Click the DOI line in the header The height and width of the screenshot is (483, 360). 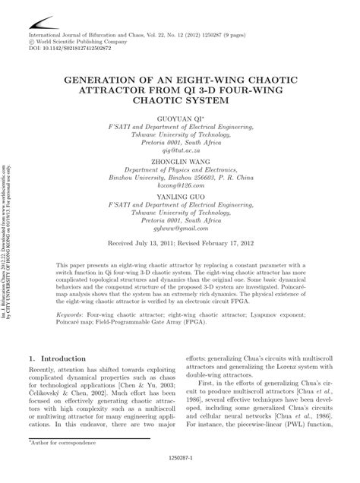[71, 48]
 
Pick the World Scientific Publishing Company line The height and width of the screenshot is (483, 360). [81, 41]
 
